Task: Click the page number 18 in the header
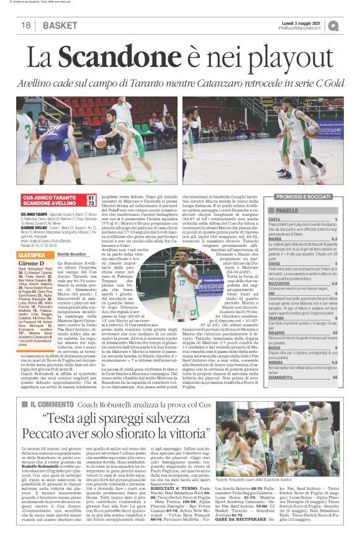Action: pyautogui.click(x=25, y=25)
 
